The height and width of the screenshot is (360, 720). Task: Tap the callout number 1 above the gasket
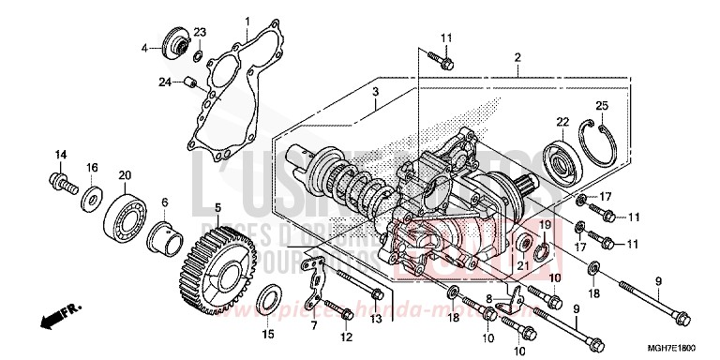click(x=247, y=21)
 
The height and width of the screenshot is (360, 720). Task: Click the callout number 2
click(x=517, y=57)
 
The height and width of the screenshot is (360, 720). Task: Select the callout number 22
click(x=562, y=122)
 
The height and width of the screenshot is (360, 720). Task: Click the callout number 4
click(x=144, y=47)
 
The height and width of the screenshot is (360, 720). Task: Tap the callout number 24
click(x=163, y=82)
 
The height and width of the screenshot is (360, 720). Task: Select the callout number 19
click(x=544, y=225)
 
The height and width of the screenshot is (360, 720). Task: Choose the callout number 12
click(x=347, y=336)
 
